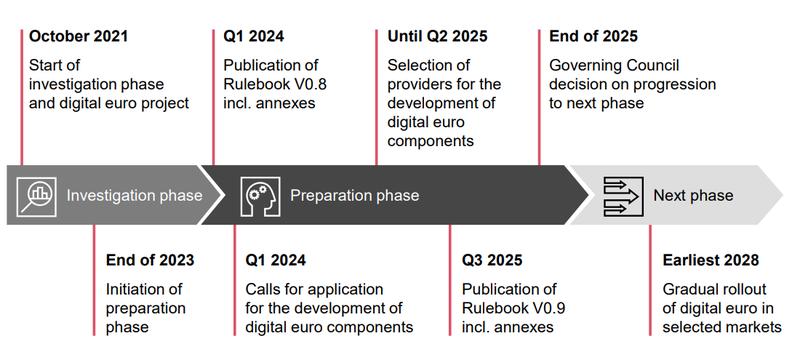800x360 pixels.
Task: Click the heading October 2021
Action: coord(78,37)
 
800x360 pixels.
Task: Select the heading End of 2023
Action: coord(150,261)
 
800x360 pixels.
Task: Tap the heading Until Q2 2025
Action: coord(437,37)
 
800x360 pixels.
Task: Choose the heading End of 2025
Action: coord(593,37)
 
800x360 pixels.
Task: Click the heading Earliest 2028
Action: coord(710,261)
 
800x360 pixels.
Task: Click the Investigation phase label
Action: coord(134,196)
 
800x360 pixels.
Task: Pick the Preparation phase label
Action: coord(354,196)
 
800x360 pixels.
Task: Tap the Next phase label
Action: coord(693,196)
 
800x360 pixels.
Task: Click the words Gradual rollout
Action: coord(712,288)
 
